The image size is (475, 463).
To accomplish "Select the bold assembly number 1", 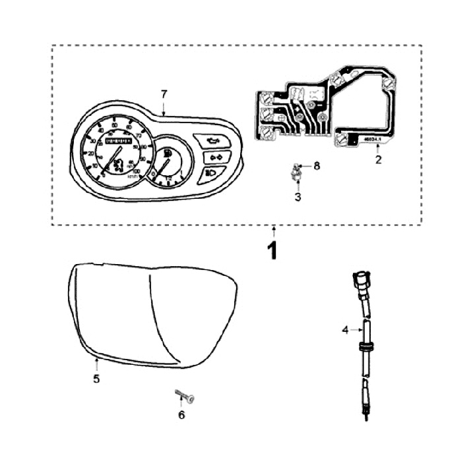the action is pyautogui.click(x=273, y=252).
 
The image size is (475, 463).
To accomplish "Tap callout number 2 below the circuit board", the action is pyautogui.click(x=378, y=159).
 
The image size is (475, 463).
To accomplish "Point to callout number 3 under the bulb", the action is pyautogui.click(x=298, y=196).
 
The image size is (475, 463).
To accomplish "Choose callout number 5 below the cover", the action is pyautogui.click(x=96, y=379).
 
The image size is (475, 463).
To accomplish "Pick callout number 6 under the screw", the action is pyautogui.click(x=182, y=415).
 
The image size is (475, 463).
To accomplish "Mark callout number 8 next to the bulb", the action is pyautogui.click(x=316, y=167).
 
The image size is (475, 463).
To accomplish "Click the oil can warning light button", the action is pyautogui.click(x=211, y=140).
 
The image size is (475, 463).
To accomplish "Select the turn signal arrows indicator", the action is pyautogui.click(x=216, y=157).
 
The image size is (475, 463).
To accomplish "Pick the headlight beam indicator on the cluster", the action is pyautogui.click(x=213, y=173).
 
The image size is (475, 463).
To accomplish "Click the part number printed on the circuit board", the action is pyautogui.click(x=373, y=139).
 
